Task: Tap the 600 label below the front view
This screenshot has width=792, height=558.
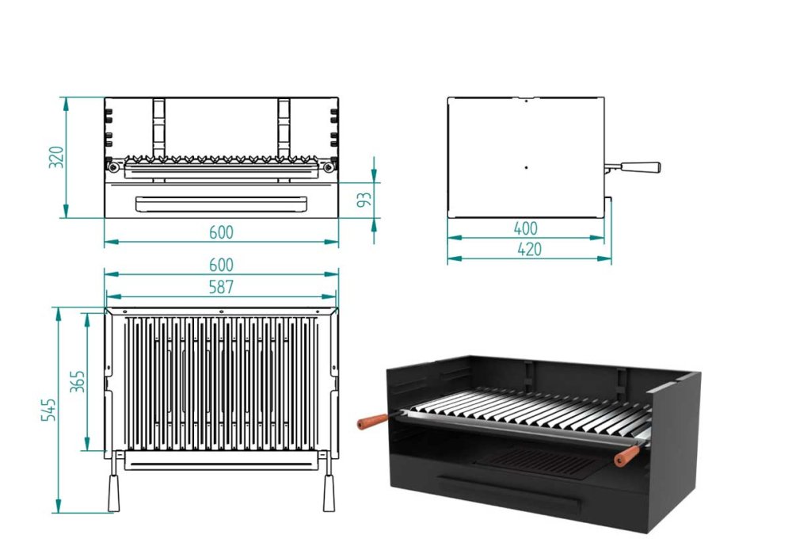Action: click(221, 232)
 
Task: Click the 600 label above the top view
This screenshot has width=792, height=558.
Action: click(221, 265)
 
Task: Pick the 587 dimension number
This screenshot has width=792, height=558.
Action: click(221, 287)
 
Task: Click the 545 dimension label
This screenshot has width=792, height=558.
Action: click(47, 411)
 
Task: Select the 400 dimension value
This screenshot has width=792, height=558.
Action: click(525, 228)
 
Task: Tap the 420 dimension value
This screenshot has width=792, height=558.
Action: click(528, 249)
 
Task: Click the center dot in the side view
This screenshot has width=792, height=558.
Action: click(526, 168)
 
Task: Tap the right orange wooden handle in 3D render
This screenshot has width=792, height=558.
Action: click(626, 456)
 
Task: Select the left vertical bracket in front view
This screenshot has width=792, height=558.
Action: click(159, 127)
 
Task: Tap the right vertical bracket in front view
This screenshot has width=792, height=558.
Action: click(284, 127)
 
